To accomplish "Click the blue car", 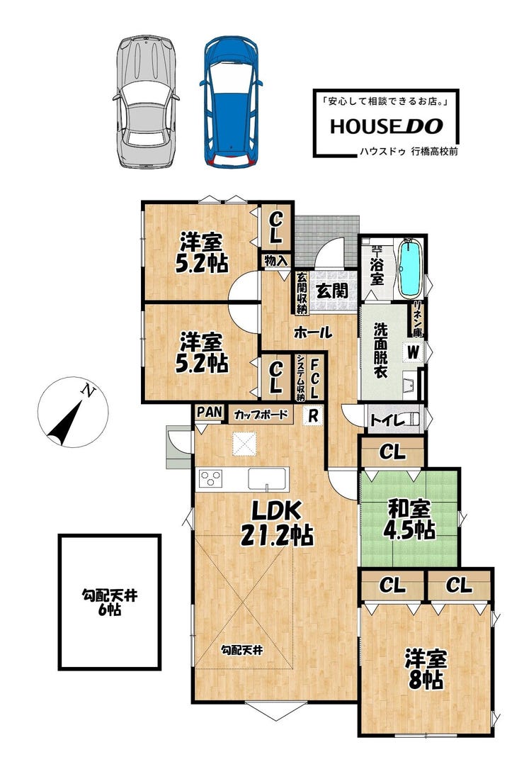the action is (x=231, y=101).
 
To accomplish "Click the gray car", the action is (x=147, y=101).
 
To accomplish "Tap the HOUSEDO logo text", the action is (x=387, y=127).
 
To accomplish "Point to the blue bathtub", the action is (x=411, y=269).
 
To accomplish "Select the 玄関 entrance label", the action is (x=332, y=291).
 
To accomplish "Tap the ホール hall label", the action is (x=313, y=333).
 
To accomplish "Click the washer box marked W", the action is (x=413, y=352).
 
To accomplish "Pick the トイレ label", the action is (x=387, y=421).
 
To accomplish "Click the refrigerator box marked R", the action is (x=312, y=415).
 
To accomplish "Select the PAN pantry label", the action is (x=210, y=413).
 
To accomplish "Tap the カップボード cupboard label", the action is (x=261, y=414).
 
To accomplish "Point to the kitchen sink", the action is (x=267, y=479).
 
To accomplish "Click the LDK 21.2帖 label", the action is (x=276, y=523).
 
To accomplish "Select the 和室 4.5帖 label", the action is (x=409, y=519).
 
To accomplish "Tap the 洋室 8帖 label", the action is (x=426, y=670).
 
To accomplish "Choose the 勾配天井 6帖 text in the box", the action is (x=110, y=602).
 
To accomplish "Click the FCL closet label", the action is (x=315, y=378).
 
